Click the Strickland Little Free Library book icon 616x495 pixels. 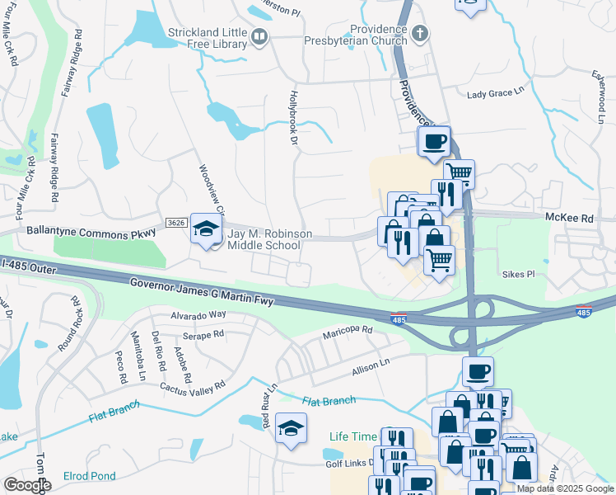pyautogui.click(x=259, y=35)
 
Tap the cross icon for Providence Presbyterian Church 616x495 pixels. pyautogui.click(x=420, y=34)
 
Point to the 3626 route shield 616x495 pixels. pyautogui.click(x=175, y=223)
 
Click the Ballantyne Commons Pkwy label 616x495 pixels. pyautogui.click(x=91, y=234)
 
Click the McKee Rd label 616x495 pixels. pyautogui.click(x=569, y=219)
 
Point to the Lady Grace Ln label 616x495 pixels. pyautogui.click(x=496, y=94)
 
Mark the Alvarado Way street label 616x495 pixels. pyautogui.click(x=198, y=315)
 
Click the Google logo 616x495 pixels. pyautogui.click(x=27, y=485)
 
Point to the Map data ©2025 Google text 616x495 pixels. pyautogui.click(x=564, y=488)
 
